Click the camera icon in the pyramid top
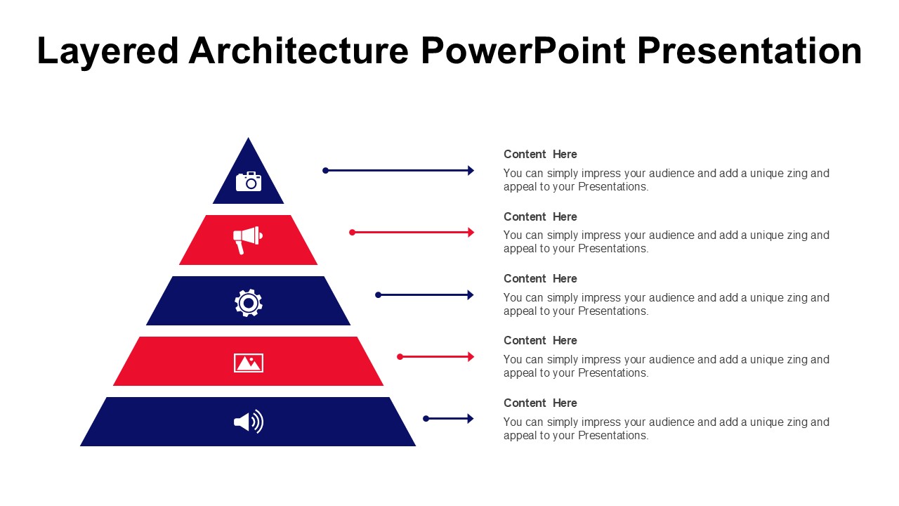tap(249, 181)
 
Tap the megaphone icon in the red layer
tap(248, 240)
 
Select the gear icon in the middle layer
tap(249, 303)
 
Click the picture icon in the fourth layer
tap(249, 363)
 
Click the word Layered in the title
tap(107, 51)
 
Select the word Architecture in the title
tap(298, 51)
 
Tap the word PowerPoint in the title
tap(523, 51)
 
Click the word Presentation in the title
tap(749, 51)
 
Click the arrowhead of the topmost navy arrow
tap(471, 170)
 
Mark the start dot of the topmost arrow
tap(325, 171)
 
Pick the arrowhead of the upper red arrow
tap(471, 232)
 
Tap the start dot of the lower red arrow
tap(400, 356)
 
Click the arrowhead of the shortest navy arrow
tap(471, 418)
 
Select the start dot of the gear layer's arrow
tap(378, 295)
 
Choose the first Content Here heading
tap(540, 154)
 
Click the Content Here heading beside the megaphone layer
tap(540, 217)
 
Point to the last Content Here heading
tap(540, 403)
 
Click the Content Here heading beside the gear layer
tap(540, 279)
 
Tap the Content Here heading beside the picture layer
tap(540, 341)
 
